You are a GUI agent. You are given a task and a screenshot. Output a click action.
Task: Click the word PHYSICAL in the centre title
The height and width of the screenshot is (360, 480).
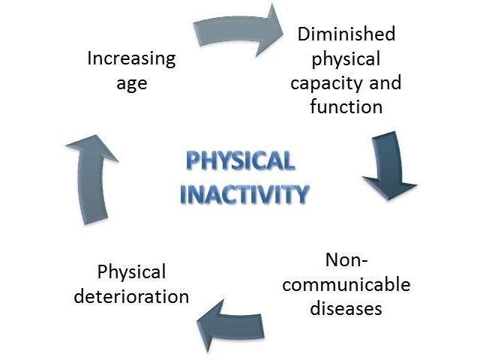tap(241, 160)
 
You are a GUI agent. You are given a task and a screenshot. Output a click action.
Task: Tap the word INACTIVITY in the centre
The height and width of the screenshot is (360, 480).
tap(244, 193)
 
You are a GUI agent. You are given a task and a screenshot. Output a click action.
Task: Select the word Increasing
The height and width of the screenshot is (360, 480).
tap(132, 58)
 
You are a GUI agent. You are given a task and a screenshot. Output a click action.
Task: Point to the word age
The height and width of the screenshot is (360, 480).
tap(132, 83)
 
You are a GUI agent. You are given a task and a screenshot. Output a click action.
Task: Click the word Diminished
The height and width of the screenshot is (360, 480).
tap(346, 34)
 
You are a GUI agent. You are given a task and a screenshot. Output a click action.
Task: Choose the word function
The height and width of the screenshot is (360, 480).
tap(346, 106)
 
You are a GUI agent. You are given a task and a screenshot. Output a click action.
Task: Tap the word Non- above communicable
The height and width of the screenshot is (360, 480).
tap(346, 260)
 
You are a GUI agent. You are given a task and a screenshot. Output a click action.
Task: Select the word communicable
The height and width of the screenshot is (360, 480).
tap(346, 284)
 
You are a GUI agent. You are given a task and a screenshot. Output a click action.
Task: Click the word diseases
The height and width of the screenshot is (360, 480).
tap(346, 308)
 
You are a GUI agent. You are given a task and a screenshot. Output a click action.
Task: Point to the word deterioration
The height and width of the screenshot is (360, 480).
tap(131, 296)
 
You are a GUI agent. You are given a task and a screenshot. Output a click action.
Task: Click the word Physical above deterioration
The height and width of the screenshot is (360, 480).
tap(132, 272)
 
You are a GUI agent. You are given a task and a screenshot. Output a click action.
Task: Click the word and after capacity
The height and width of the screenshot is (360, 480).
tap(385, 82)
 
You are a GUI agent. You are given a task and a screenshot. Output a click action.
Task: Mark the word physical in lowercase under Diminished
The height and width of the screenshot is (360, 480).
tap(346, 58)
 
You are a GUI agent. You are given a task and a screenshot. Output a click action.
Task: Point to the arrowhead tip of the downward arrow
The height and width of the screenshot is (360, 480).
tap(388, 200)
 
